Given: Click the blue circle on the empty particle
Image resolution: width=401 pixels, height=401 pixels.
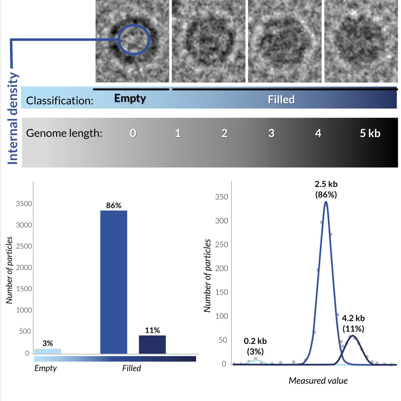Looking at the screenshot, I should [134, 39].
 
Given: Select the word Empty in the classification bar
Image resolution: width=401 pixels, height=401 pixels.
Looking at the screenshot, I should [130, 98].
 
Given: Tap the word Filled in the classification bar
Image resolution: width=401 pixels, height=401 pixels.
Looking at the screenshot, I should [281, 100].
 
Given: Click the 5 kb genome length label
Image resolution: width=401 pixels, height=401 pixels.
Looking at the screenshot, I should [370, 133].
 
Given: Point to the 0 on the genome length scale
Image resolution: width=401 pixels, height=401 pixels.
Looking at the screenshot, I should [133, 133].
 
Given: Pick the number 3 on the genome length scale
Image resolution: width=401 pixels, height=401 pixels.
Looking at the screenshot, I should [271, 133].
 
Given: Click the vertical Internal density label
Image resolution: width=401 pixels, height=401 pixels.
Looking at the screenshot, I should [13, 119].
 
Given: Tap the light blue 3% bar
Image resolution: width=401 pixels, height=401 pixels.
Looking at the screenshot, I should [47, 351].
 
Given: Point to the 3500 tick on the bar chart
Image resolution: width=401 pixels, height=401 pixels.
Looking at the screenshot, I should [24, 204].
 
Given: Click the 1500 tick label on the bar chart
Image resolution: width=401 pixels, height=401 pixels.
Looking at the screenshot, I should [24, 289].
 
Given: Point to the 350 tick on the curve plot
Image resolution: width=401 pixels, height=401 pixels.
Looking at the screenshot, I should [222, 197].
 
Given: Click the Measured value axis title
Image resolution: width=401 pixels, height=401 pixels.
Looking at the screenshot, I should [318, 381].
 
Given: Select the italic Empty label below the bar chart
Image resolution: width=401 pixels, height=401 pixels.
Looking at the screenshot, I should [45, 368].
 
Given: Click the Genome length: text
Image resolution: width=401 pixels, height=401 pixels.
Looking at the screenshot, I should [64, 133].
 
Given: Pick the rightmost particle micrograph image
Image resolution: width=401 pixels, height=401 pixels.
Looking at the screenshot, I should [361, 41].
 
